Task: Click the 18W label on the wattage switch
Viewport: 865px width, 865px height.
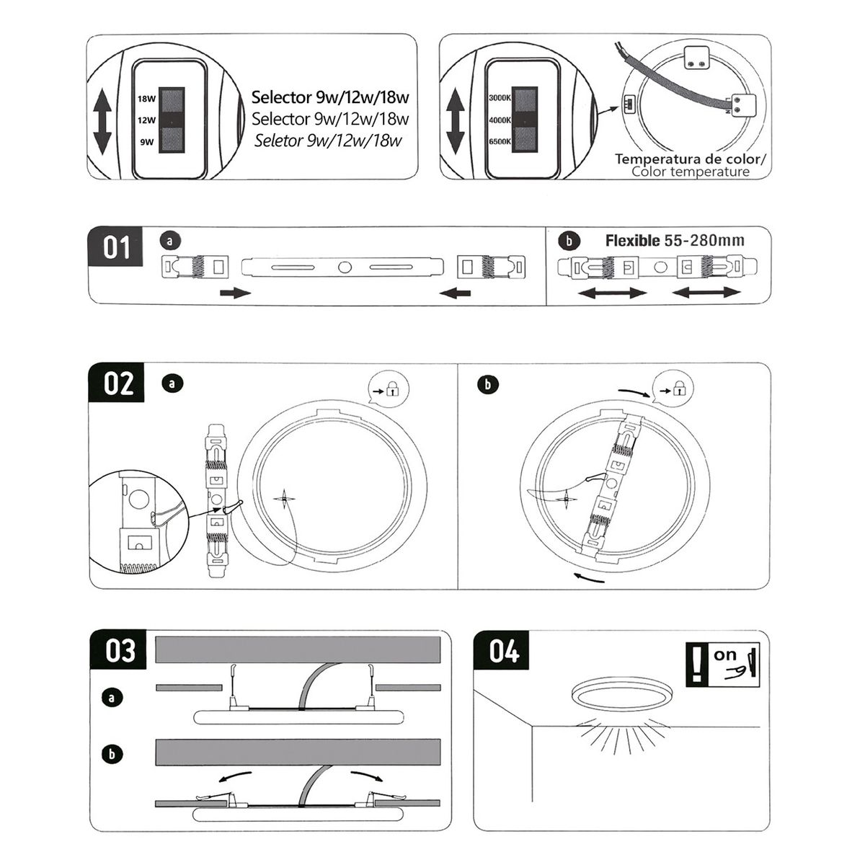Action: pos(147,99)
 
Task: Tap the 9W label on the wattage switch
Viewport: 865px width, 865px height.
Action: pos(147,142)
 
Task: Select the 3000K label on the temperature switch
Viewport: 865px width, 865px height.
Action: pos(500,97)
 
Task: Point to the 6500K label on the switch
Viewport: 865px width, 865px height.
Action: pos(500,141)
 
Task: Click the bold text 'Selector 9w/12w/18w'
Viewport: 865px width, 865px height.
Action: pos(330,97)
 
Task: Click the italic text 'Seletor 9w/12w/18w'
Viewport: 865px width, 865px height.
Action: pos(328,140)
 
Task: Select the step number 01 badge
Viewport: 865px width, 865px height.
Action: pos(116,247)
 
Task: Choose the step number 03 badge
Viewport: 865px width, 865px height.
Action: pos(120,650)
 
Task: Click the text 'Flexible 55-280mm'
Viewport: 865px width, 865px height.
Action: pos(675,240)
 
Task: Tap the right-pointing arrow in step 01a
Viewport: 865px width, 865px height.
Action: pos(235,293)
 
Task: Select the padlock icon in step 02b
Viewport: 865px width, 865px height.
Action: pos(679,390)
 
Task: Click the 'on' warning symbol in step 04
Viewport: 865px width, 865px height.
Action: pos(723,663)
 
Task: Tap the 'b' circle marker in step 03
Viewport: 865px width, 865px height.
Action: pos(112,754)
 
